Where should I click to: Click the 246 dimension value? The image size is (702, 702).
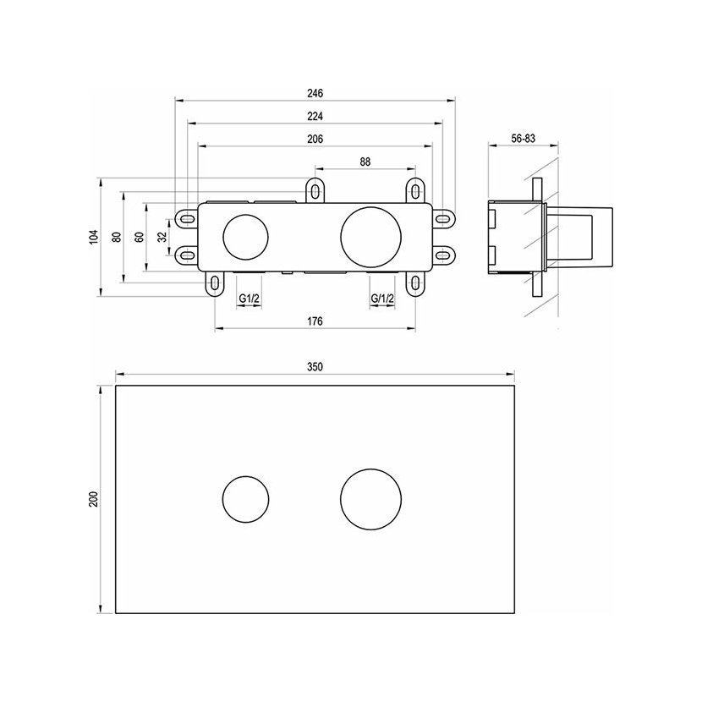(x=315, y=93)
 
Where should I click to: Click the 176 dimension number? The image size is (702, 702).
(x=315, y=322)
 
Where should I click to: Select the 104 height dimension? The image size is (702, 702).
(x=94, y=237)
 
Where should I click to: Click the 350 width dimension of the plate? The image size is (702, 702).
(x=315, y=368)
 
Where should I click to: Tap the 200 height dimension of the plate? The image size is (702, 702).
(x=95, y=500)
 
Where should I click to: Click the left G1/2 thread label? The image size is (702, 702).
(x=248, y=299)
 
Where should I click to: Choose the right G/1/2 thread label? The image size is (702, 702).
(x=383, y=299)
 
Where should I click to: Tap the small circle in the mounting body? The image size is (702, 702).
(x=245, y=238)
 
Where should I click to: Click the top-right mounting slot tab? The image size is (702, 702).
(x=415, y=191)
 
